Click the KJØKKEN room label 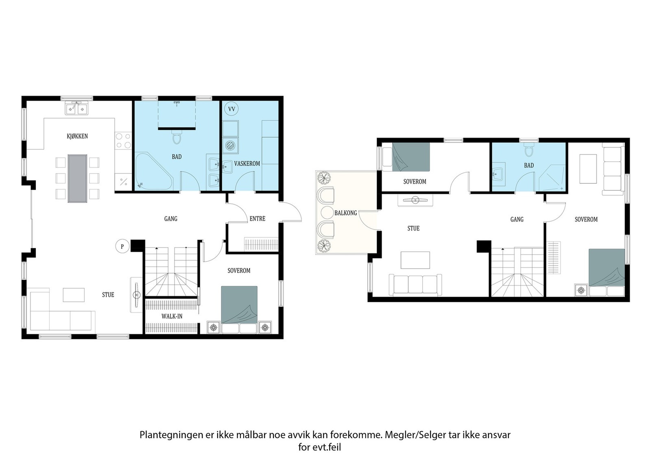[x=77, y=136]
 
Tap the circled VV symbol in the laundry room [x=232, y=109]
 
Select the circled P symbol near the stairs [x=122, y=247]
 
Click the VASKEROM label [x=247, y=163]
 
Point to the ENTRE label [x=258, y=219]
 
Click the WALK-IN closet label [x=172, y=316]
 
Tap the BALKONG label [x=345, y=213]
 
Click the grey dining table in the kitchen [x=77, y=178]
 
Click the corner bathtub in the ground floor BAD [x=154, y=171]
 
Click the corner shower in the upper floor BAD [x=552, y=178]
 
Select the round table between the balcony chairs [x=327, y=213]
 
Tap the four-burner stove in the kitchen [x=123, y=140]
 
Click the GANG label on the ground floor [x=171, y=219]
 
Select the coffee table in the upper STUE [x=415, y=260]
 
